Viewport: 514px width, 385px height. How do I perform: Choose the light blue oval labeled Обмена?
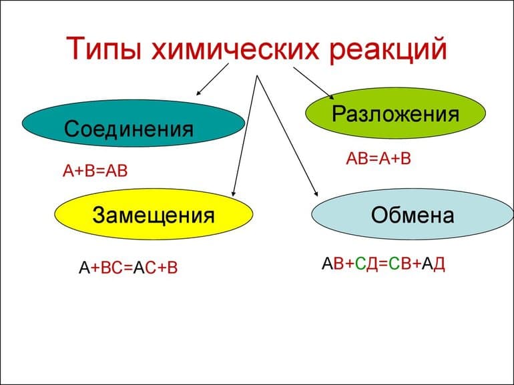(412, 215)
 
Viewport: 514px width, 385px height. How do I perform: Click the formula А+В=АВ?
(94, 171)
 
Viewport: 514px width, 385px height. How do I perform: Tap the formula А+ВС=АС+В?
(128, 268)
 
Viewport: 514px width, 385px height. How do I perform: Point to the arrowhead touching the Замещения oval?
(233, 191)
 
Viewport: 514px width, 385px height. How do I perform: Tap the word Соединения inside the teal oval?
(129, 127)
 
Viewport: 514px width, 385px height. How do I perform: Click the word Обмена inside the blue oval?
(412, 216)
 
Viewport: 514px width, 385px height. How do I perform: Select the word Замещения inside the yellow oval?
(154, 216)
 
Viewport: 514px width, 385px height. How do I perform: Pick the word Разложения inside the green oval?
(395, 113)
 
